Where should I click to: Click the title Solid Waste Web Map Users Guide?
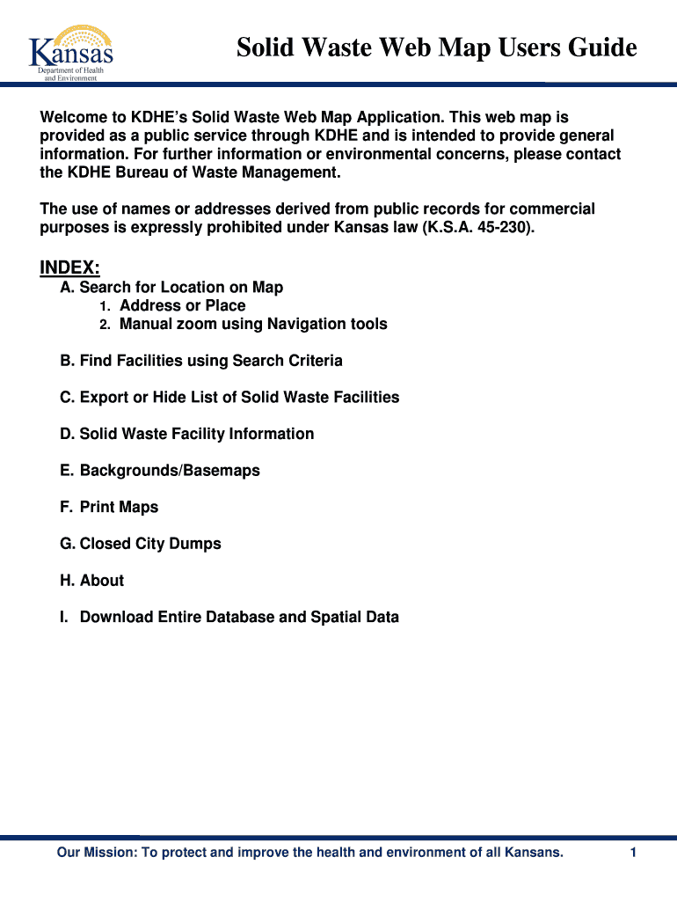point(436,47)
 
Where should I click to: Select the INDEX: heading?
point(70,267)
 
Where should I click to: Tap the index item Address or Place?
point(182,306)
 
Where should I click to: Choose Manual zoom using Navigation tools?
point(253,325)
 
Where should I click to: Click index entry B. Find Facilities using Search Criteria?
point(201,361)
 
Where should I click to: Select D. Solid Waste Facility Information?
point(186,434)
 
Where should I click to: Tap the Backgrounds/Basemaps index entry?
point(160,471)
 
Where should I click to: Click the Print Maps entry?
point(109,508)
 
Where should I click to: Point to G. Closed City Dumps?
point(141,544)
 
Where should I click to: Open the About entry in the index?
point(91,581)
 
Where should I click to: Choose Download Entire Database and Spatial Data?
point(229,618)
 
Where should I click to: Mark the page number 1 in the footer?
point(632,853)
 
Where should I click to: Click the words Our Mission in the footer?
point(92,853)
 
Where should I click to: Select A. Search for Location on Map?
point(171,288)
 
